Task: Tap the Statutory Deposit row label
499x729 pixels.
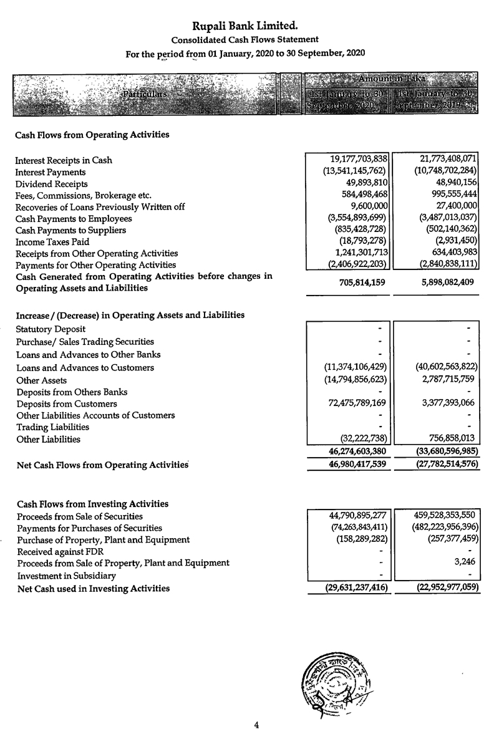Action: coord(51,329)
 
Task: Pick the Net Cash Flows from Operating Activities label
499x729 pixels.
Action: coord(102,465)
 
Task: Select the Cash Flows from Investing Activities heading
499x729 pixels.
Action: coord(92,504)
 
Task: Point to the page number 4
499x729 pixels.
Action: coord(256,723)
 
